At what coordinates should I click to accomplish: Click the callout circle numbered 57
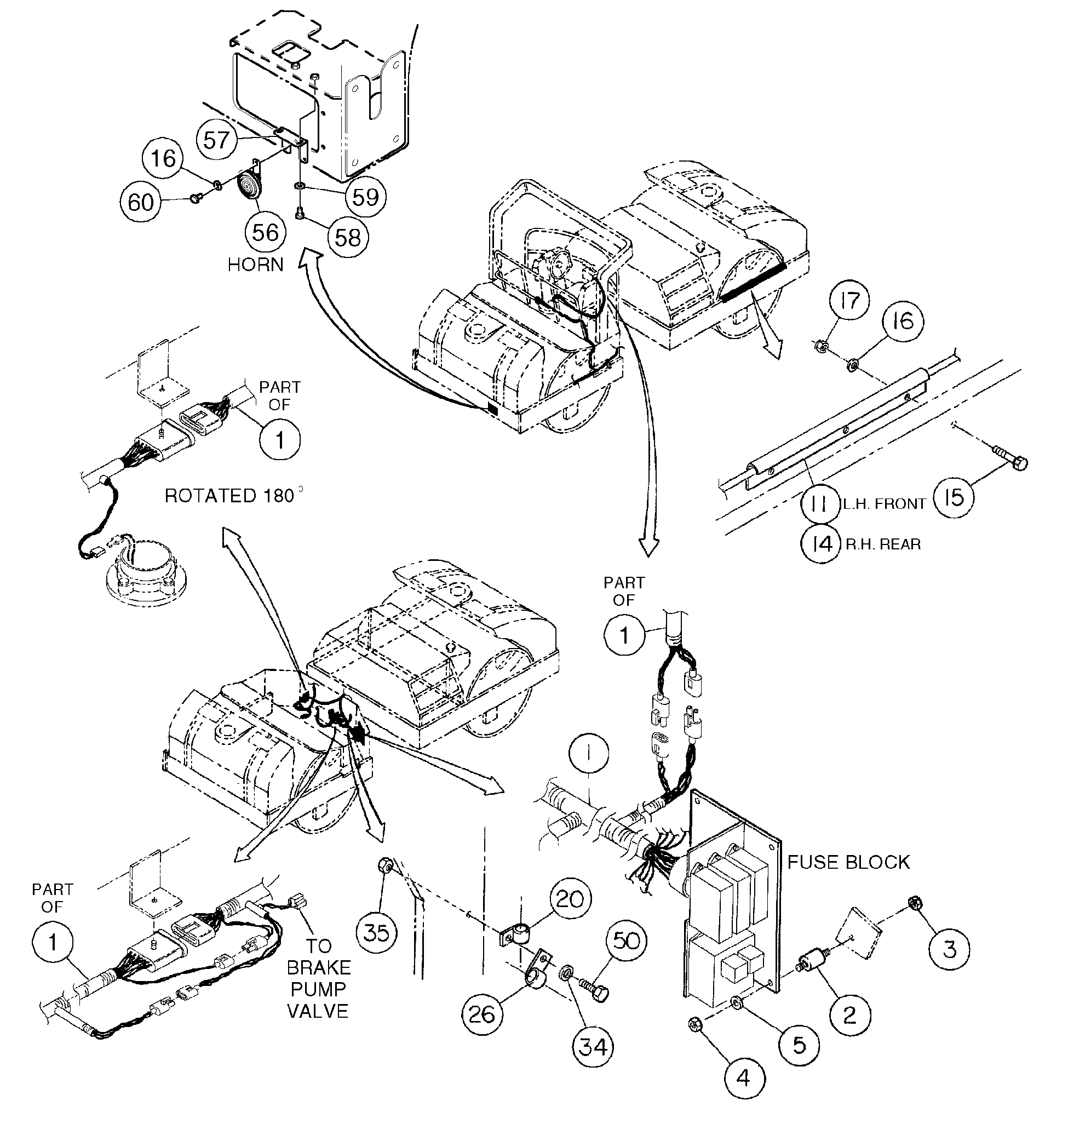point(217,140)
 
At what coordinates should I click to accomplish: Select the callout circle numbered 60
point(141,202)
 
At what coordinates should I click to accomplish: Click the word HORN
point(256,265)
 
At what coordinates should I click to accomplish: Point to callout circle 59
point(366,197)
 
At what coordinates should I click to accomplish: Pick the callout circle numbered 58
point(347,237)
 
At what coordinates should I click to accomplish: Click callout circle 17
point(849,300)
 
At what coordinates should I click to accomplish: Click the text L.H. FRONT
point(884,504)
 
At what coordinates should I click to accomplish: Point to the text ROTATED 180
point(229,496)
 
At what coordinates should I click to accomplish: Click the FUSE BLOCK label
point(848,862)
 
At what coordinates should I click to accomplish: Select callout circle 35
point(377,932)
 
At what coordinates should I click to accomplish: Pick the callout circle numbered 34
point(594,1046)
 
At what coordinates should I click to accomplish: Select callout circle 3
point(949,949)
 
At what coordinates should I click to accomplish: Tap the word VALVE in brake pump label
point(318,1011)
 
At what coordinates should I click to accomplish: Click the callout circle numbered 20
point(570,898)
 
